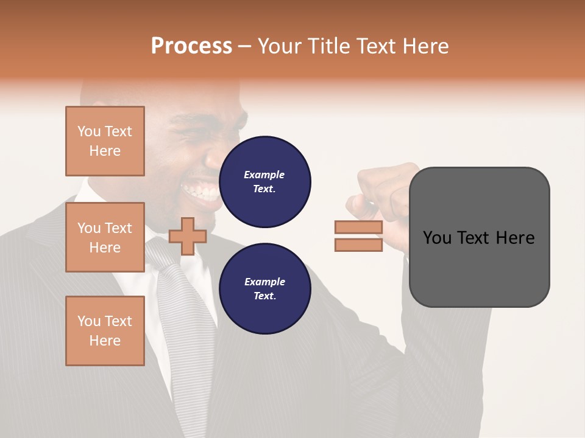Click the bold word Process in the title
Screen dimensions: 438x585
coord(191,46)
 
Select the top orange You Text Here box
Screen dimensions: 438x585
coord(105,141)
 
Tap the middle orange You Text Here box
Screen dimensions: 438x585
coord(105,237)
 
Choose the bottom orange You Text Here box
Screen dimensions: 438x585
coord(105,331)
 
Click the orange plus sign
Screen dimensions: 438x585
coord(187,236)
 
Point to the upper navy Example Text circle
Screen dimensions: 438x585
coord(265,182)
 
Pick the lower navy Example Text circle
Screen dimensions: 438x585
coord(265,289)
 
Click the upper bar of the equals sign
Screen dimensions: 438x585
coord(358,228)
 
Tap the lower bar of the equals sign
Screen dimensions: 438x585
coord(358,245)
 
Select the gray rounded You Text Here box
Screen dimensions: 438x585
coord(479,237)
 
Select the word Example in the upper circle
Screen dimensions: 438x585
coord(264,175)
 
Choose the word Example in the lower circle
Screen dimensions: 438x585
coord(264,282)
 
